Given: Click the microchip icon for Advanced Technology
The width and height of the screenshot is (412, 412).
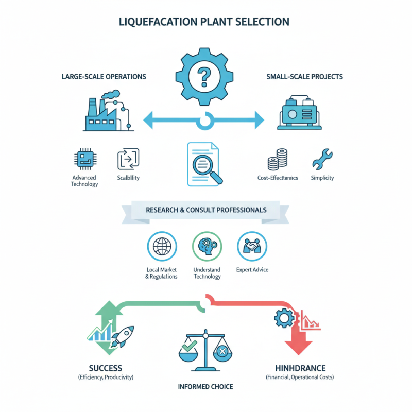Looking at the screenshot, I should point(84,159).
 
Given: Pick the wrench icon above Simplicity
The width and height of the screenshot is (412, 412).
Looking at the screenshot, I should point(322,159).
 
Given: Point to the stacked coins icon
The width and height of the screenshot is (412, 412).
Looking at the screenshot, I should point(278,160).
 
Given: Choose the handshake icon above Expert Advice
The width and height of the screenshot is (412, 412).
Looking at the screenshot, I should point(251,246).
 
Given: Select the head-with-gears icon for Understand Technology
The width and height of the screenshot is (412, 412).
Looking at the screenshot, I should point(206,246).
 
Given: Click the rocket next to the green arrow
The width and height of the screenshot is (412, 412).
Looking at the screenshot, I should point(123,337).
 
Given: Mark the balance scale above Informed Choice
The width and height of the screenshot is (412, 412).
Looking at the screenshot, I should point(205,351).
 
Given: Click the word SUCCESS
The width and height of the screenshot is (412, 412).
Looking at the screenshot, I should point(106,368).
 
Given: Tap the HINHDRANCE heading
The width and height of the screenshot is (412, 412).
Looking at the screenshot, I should point(300,368).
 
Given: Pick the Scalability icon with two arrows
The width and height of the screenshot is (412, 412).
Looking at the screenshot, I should point(128,159).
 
